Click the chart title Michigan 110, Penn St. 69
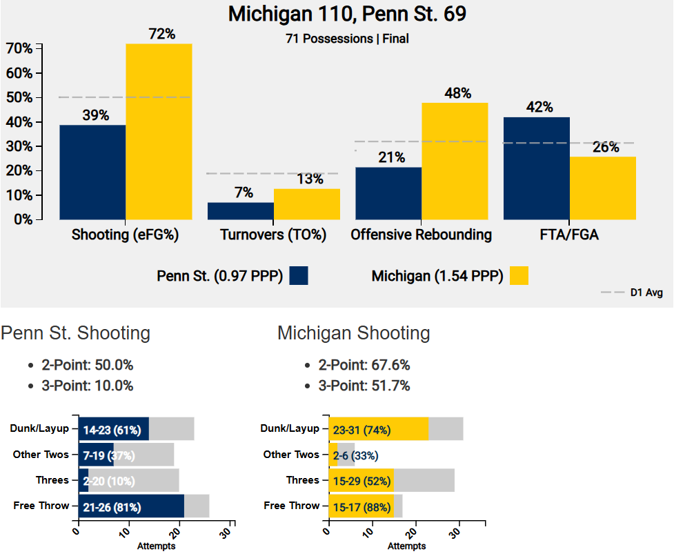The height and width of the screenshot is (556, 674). [x=337, y=14]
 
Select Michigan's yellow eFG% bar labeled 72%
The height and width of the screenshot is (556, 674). [x=159, y=131]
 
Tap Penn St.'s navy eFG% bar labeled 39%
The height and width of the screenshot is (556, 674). [x=92, y=172]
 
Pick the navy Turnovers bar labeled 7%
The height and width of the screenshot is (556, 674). [x=241, y=210]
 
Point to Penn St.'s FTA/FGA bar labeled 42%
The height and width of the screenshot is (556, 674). [x=537, y=168]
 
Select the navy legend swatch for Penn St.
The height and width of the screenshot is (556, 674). [x=299, y=276]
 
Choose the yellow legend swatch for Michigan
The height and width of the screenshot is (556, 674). [x=519, y=276]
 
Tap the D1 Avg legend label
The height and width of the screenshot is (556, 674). [x=646, y=293]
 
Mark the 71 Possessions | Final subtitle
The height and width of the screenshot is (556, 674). [x=347, y=39]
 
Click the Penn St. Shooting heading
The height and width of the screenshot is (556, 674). [x=75, y=334]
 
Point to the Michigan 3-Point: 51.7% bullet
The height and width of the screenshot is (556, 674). [x=364, y=386]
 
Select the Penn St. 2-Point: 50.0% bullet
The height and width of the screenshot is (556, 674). [x=87, y=366]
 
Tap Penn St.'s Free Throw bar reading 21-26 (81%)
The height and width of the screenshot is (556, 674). [x=131, y=506]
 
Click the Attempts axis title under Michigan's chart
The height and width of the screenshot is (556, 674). [x=406, y=546]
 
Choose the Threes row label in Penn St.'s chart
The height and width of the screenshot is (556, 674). [x=52, y=480]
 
